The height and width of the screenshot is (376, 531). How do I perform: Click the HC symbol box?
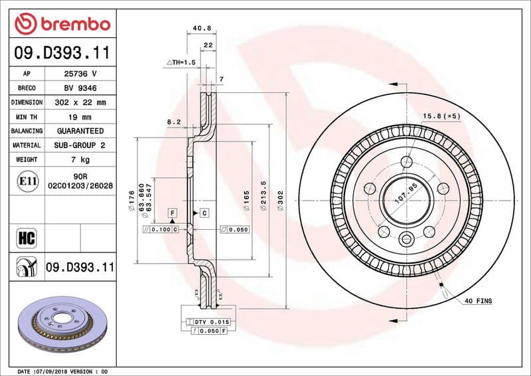tap(27, 237)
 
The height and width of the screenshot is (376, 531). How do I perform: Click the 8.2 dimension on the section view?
tap(174, 122)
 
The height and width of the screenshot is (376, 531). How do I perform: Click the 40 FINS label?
tap(478, 301)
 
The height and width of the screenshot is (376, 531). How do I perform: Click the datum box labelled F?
tap(173, 213)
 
